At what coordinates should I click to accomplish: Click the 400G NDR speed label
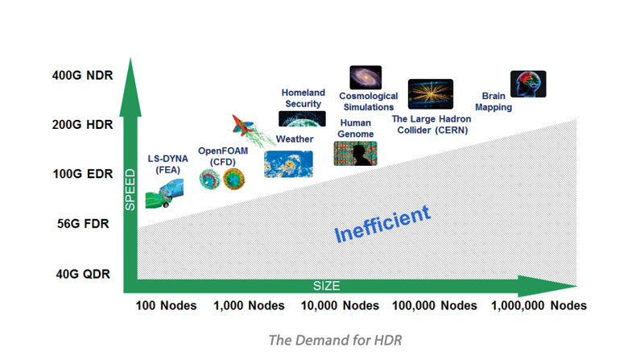83,77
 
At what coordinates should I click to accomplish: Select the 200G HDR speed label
83,125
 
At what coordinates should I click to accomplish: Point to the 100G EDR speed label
83,174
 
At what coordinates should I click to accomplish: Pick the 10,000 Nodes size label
339,306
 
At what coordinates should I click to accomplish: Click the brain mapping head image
528,84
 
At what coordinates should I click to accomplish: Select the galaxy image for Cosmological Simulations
365,77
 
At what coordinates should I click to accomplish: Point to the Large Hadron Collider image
431,94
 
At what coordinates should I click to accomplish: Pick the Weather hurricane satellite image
288,164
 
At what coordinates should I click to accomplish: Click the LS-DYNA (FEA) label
167,163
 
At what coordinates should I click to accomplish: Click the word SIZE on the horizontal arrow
327,286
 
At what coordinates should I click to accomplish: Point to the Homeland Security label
303,98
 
